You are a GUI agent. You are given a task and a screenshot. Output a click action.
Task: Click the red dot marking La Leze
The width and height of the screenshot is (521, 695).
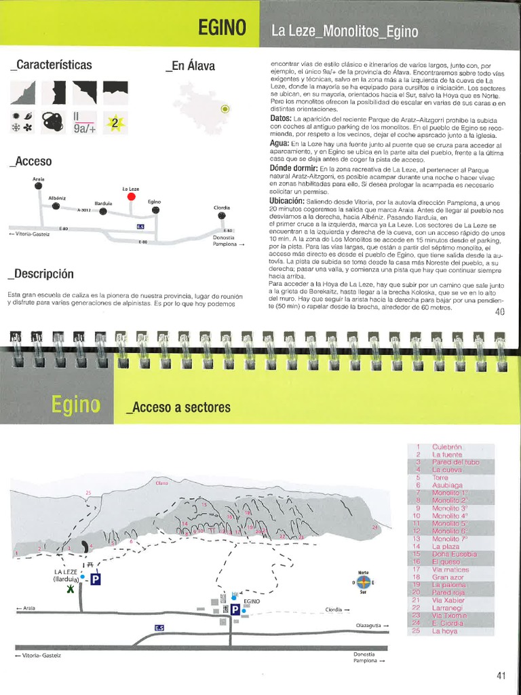coord(131,197)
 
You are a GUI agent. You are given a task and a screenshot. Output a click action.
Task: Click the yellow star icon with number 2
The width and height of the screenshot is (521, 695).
coord(116,123)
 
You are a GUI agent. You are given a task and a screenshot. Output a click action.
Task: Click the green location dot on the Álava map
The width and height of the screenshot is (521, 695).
coord(225,109)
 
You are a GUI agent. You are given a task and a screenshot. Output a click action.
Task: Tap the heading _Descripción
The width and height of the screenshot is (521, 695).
coord(41,274)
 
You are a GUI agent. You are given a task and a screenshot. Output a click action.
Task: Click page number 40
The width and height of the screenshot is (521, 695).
coord(500,313)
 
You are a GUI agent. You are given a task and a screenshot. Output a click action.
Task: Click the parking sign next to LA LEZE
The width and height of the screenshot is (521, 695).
coord(96,579)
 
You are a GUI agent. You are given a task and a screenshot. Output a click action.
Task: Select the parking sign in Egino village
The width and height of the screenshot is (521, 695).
coord(234,609)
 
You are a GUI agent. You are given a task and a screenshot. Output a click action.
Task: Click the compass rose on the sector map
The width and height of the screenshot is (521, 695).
coord(364,582)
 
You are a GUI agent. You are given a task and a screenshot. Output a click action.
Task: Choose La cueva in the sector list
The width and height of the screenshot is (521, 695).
coord(446,470)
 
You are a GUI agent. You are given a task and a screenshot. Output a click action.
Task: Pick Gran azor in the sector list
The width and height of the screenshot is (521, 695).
coord(448,577)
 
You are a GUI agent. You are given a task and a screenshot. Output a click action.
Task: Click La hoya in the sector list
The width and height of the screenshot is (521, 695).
coord(444,631)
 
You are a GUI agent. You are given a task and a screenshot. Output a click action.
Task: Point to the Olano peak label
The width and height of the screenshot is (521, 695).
coord(161,483)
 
